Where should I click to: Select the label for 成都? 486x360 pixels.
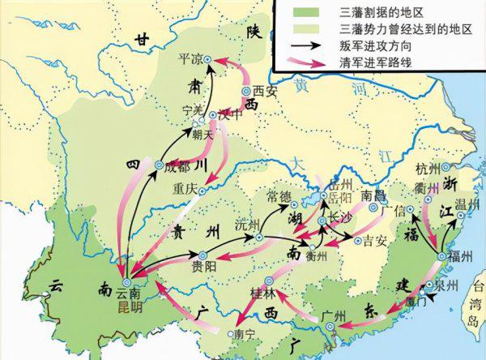pyautogui.click(x=180, y=168)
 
